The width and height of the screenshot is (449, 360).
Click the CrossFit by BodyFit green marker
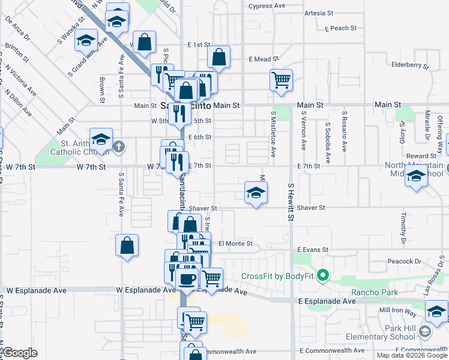(324, 276)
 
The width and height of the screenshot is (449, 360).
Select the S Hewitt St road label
(290, 202)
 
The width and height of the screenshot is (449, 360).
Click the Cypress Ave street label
(268, 6)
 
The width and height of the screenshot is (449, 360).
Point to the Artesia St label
(318, 13)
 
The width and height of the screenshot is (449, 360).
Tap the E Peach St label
(340, 28)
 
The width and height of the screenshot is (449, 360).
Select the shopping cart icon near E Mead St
(281, 79)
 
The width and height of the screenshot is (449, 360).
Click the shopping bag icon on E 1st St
(219, 57)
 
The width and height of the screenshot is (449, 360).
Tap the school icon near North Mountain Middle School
(416, 176)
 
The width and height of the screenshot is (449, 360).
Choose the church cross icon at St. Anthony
(119, 146)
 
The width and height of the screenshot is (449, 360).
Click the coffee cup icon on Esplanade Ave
(186, 278)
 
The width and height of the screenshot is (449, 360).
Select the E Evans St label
(313, 250)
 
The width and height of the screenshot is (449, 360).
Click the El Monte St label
(235, 244)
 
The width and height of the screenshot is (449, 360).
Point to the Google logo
(20, 353)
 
